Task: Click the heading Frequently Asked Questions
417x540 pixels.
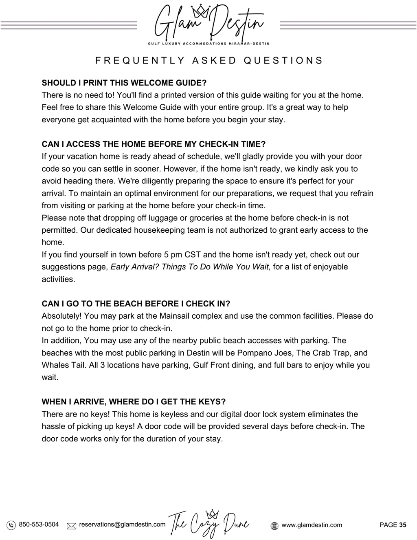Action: (209, 61)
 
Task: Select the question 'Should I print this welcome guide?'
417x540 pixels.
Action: (124, 83)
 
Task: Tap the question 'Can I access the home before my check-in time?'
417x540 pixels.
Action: (154, 144)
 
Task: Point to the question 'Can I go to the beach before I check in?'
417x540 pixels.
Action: (136, 304)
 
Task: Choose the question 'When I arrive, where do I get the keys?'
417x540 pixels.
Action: (134, 402)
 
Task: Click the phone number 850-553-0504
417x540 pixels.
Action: (39, 525)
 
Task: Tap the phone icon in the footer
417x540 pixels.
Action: (11, 525)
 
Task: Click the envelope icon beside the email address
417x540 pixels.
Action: (72, 526)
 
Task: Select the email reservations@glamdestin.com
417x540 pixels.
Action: (122, 525)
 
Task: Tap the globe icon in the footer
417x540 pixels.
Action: (274, 526)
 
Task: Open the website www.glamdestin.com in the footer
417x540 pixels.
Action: (312, 525)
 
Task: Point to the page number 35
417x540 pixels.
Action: (402, 525)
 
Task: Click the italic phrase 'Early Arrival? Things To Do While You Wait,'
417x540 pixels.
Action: (190, 267)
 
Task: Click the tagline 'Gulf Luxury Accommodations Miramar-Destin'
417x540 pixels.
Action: (208, 43)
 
